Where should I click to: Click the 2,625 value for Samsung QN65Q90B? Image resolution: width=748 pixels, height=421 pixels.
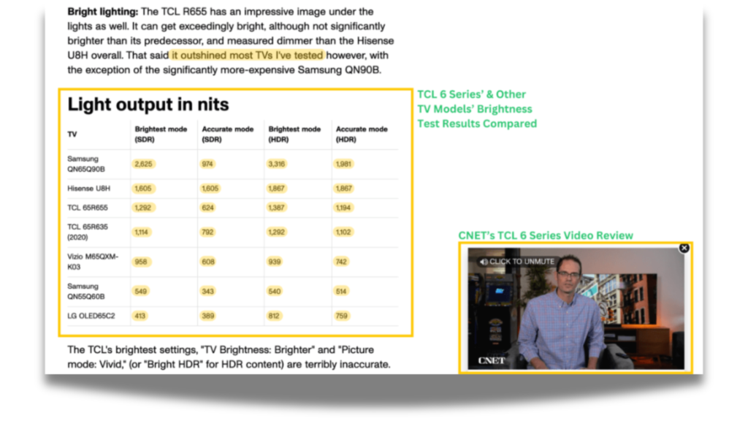click(x=143, y=164)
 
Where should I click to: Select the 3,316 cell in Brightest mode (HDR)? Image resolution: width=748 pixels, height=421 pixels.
click(x=276, y=164)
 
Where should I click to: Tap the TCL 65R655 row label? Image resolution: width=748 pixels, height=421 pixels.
click(x=88, y=208)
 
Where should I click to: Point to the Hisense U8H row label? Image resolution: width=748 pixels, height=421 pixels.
click(x=88, y=189)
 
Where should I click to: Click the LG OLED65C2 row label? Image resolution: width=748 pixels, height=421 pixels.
click(x=91, y=316)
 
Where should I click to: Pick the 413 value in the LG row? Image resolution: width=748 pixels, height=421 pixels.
click(x=140, y=316)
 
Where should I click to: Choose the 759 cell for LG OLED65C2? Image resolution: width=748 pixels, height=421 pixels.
click(x=342, y=316)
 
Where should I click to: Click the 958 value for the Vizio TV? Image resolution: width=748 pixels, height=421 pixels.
click(x=141, y=262)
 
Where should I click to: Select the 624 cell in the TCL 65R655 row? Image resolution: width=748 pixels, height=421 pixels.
click(x=207, y=208)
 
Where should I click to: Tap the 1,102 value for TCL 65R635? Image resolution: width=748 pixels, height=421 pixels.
click(x=343, y=232)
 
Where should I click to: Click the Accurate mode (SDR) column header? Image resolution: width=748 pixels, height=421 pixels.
click(x=228, y=134)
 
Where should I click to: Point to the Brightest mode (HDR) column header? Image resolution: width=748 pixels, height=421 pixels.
click(x=294, y=134)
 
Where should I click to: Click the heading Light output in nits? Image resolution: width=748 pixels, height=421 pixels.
click(x=148, y=105)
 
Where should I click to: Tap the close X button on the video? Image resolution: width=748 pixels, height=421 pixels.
click(x=684, y=249)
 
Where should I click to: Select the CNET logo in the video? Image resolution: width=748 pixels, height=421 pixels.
click(x=492, y=360)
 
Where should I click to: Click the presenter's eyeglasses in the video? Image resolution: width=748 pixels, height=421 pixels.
click(x=568, y=275)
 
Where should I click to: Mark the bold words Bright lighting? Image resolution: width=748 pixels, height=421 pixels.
click(x=102, y=12)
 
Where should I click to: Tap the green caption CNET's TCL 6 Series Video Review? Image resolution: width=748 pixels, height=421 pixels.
click(x=546, y=235)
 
